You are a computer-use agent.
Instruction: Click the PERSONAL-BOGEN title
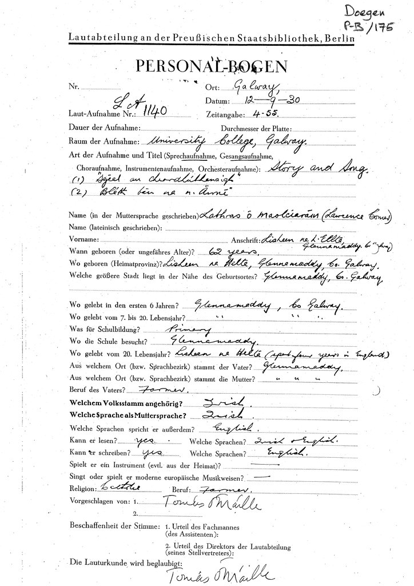[x=209, y=66]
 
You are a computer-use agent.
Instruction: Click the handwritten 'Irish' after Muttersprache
[x=209, y=414]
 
